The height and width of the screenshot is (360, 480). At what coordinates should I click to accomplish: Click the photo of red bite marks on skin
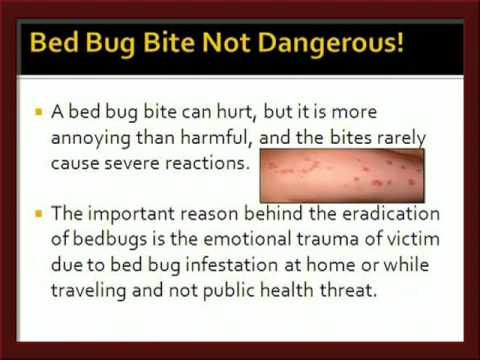coord(342,175)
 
